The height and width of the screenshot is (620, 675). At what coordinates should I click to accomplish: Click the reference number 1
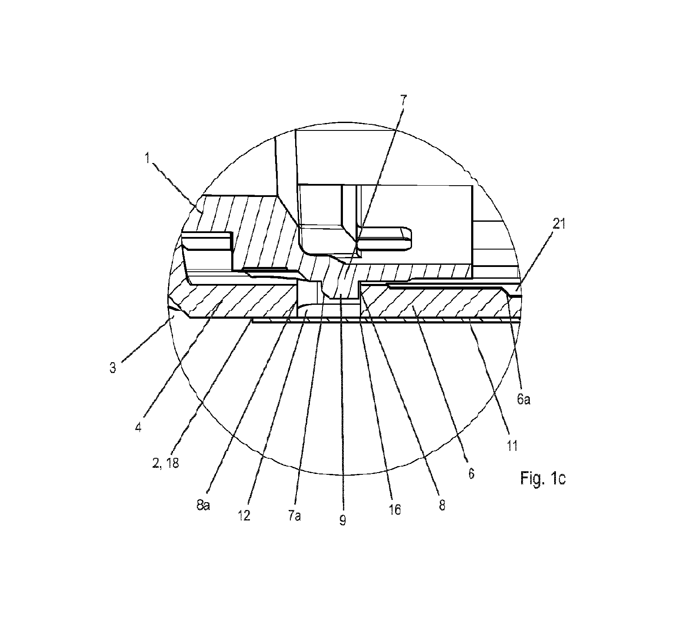pos(148,160)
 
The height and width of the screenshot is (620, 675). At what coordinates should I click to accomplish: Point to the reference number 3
pos(113,368)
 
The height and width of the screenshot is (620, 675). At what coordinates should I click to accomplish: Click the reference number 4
pos(138,427)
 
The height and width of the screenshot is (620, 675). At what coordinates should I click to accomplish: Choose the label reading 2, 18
pos(166,463)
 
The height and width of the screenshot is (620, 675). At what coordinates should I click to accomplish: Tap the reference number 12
pos(244,516)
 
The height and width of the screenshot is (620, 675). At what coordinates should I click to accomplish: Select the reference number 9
pos(342,520)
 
